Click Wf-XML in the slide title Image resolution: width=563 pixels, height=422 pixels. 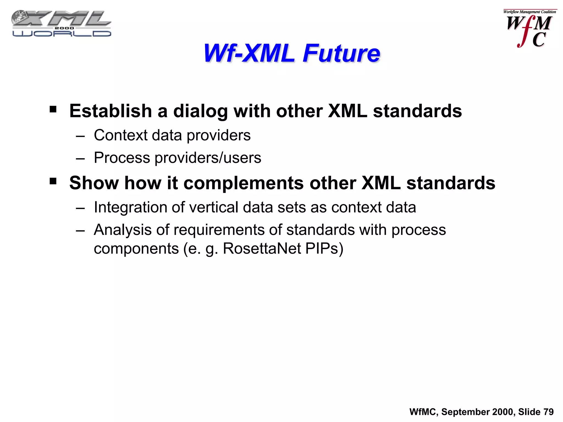tap(249, 53)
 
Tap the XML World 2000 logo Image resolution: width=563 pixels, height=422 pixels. tap(61, 24)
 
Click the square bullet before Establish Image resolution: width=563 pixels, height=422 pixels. tap(53, 110)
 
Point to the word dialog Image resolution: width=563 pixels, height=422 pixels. tap(200, 111)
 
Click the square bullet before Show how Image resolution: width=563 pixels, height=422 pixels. tap(53, 181)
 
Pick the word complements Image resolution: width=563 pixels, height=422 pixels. tap(243, 183)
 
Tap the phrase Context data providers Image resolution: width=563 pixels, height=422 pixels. tap(172, 135)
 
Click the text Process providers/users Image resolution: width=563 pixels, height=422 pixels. tap(177, 158)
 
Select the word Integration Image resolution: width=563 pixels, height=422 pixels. tap(130, 207)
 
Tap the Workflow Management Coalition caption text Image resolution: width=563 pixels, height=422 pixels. tap(529, 12)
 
